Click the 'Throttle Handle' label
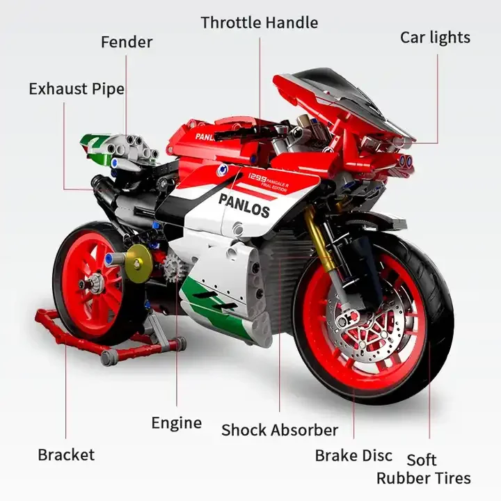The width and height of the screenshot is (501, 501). coord(259,22)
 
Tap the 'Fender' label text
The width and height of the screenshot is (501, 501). coord(127,42)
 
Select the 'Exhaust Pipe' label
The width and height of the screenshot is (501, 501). coord(77,89)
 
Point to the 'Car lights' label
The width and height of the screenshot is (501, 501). coord(435,37)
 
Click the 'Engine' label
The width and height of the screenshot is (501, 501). coord(177,423)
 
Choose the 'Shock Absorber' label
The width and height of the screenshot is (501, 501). coord(280,430)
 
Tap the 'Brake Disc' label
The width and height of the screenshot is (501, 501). coord(353,456)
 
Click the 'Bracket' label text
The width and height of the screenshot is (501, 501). coord(66,455)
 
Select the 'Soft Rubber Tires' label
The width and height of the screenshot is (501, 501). coord(423,469)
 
